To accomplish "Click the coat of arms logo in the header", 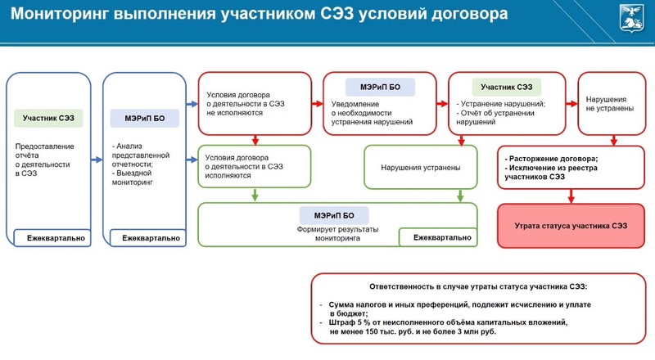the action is (x=631, y=18).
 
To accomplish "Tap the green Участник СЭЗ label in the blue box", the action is (x=48, y=118).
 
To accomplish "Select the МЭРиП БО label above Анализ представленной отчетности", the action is (x=145, y=118).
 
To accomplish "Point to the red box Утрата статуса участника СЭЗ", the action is (x=571, y=226).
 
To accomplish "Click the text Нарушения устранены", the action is (x=421, y=168).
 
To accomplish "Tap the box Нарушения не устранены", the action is (x=612, y=104).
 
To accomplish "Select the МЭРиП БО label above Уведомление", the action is (x=380, y=88).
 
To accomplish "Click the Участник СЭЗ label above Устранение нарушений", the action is (x=506, y=88).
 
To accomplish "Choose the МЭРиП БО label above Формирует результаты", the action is (x=334, y=215).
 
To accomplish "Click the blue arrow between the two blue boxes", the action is (x=97, y=160).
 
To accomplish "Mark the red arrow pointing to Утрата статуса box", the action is (x=571, y=196).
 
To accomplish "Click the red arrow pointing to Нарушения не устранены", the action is (x=571, y=104).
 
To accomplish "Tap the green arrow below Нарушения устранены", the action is (x=460, y=196).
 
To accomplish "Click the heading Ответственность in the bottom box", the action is (x=398, y=286).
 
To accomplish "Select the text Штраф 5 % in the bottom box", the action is (x=346, y=322).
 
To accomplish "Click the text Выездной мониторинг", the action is (x=133, y=178).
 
